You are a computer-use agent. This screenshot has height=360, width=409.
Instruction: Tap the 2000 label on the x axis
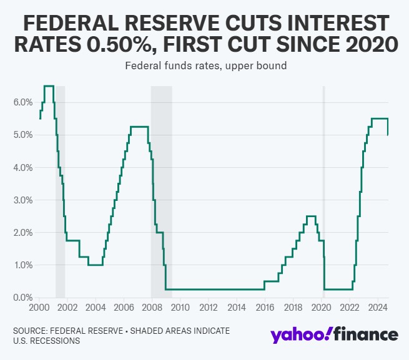click(x=39, y=308)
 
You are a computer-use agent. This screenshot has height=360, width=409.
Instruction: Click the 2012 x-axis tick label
click(x=208, y=308)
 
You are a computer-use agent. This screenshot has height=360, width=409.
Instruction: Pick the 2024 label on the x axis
click(x=377, y=308)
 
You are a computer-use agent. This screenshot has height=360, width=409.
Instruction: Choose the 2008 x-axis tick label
click(x=152, y=308)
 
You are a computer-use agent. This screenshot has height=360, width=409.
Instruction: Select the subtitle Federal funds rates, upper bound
click(x=205, y=66)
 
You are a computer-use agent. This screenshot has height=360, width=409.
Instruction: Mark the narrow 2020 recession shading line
click(x=323, y=187)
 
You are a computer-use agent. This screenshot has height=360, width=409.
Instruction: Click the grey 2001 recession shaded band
click(x=61, y=187)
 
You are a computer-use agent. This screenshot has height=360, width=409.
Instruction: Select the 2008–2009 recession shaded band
click(x=161, y=187)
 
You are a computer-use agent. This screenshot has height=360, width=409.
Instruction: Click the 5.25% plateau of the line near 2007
click(x=139, y=127)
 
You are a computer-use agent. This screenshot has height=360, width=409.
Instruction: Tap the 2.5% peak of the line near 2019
click(x=310, y=216)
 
